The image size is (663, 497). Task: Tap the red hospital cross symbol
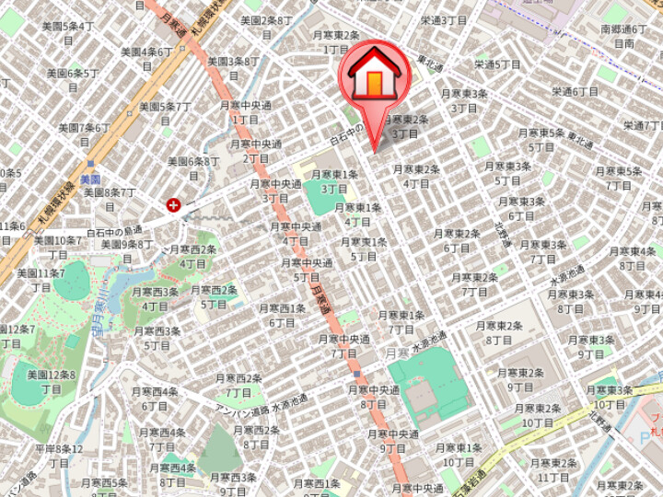(172, 205)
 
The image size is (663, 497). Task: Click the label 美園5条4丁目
(68, 34)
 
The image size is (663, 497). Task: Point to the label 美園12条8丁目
(52, 382)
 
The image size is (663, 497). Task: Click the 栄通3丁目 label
(445, 20)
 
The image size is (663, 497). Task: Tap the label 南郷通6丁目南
(625, 36)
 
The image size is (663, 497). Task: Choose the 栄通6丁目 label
(576, 91)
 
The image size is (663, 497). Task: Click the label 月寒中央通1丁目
(245, 112)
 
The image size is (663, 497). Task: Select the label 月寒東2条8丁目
(499, 332)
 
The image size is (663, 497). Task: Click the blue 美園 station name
(89, 179)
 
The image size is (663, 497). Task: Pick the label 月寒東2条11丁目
(553, 469)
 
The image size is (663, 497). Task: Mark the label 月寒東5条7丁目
(619, 178)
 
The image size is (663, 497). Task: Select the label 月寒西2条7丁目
(238, 385)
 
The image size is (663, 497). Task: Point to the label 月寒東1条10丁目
(459, 455)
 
